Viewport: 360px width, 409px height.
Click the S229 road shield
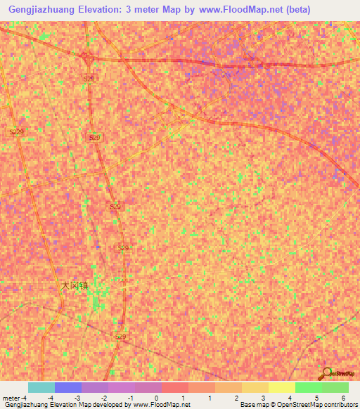pyautogui.click(x=17, y=131)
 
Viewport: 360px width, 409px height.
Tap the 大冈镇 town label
pyautogui.click(x=75, y=286)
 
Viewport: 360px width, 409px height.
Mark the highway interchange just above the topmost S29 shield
pyautogui.click(x=86, y=56)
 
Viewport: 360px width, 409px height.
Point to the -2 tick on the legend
pyautogui.click(x=104, y=398)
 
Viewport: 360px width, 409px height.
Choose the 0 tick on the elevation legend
pyautogui.click(x=157, y=398)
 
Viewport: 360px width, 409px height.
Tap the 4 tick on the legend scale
pyautogui.click(x=290, y=398)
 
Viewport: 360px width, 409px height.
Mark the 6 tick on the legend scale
pyautogui.click(x=343, y=398)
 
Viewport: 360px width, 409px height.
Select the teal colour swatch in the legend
pyautogui.click(x=41, y=387)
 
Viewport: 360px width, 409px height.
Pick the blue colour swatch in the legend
pyautogui.click(x=67, y=387)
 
